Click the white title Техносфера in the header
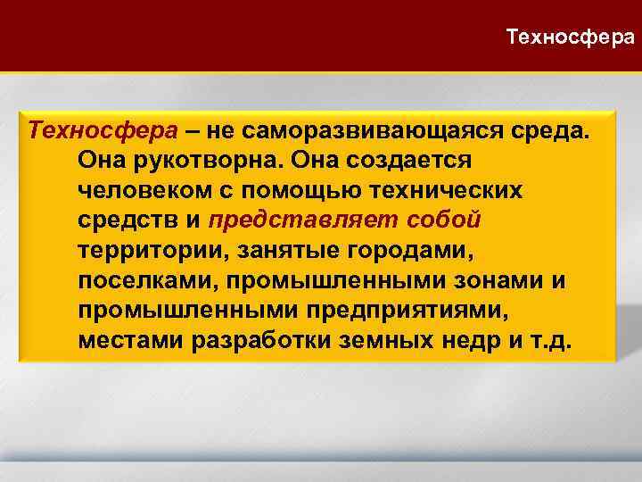coord(571,37)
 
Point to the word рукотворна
coord(187,161)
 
